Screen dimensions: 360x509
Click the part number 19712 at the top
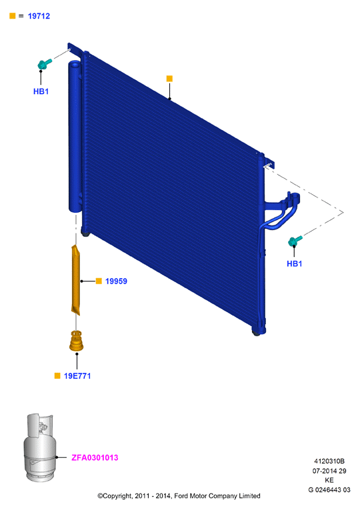tap(39, 16)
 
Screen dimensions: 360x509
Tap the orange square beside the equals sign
tap(12, 15)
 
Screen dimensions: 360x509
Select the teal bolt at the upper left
tap(45, 63)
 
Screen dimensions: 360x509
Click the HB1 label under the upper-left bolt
tap(41, 91)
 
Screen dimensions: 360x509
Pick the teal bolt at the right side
tap(295, 241)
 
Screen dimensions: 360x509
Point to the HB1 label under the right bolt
tap(294, 264)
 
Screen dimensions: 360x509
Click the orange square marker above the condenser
tap(169, 79)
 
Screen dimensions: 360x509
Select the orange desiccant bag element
tap(75, 280)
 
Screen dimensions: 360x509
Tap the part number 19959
tap(116, 281)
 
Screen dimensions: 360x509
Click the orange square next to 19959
tap(99, 281)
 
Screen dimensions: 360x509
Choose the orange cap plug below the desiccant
tap(76, 341)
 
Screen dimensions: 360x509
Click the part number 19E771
tap(77, 376)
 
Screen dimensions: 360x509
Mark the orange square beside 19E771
tap(57, 376)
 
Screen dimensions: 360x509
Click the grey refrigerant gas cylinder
tap(40, 448)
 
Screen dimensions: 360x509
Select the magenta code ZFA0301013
tap(95, 458)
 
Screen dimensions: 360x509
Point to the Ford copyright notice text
tap(179, 496)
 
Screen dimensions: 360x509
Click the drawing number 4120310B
tap(329, 461)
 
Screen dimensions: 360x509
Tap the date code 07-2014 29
tap(329, 471)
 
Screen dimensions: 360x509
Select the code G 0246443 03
tap(329, 490)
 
